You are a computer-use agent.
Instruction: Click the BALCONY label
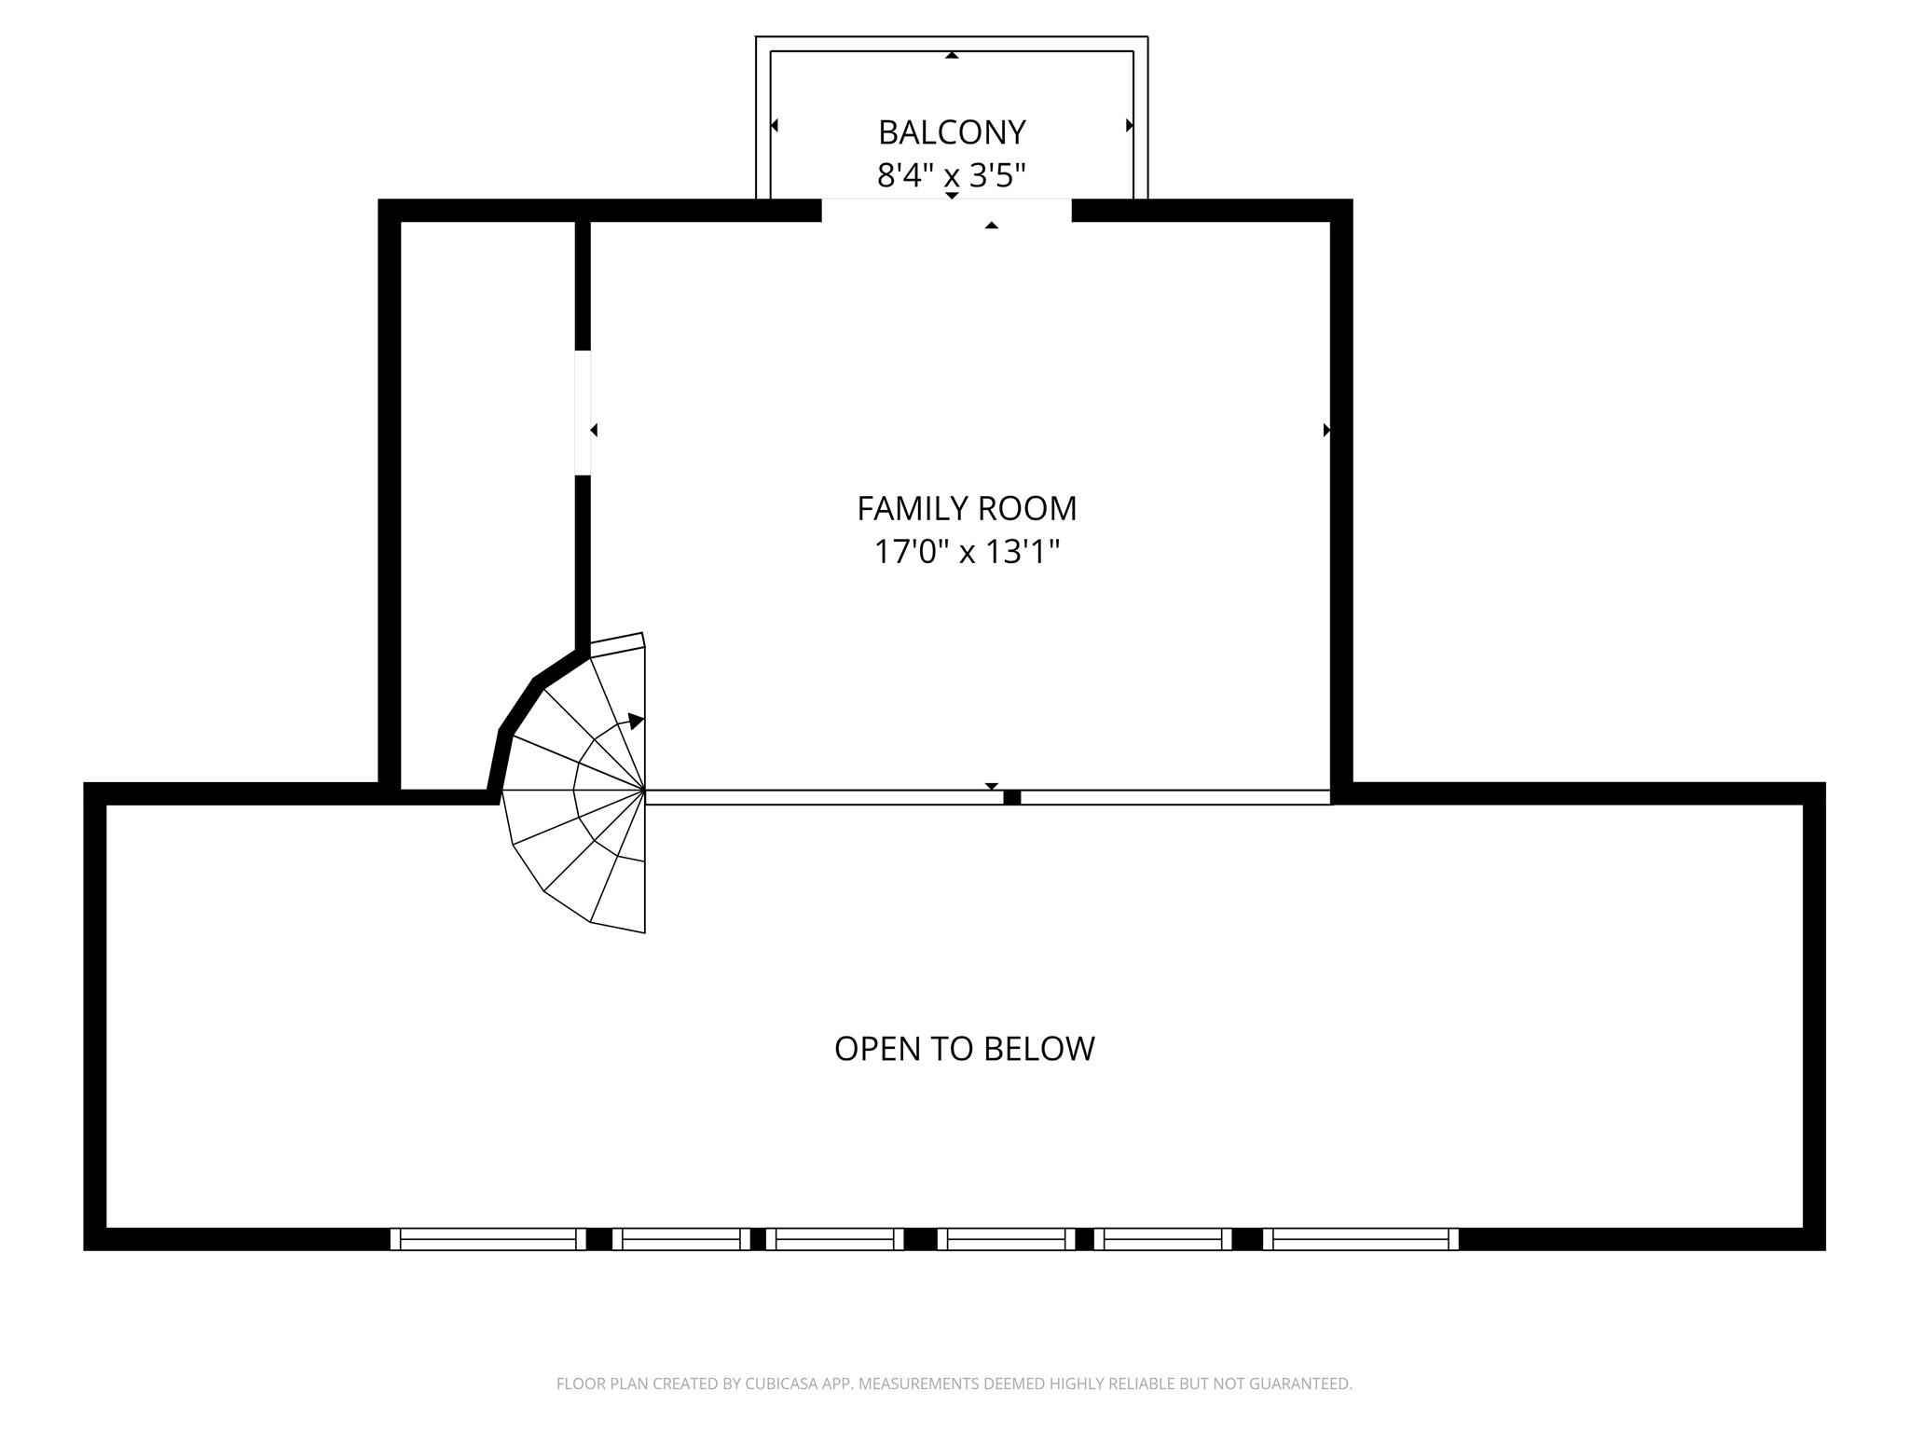point(952,132)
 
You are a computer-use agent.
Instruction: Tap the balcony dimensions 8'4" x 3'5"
point(952,175)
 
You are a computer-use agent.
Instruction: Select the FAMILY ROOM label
point(967,509)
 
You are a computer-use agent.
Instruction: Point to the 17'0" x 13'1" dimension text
point(967,552)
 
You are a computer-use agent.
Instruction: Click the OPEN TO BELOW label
point(964,1049)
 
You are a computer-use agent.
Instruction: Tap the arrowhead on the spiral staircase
point(636,721)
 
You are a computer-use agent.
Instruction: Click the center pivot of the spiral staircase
point(644,791)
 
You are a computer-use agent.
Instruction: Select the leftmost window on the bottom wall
point(488,1239)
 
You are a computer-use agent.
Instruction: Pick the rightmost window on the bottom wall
point(1360,1239)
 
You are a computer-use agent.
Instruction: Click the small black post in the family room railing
point(1011,797)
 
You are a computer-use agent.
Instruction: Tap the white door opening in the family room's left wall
point(583,412)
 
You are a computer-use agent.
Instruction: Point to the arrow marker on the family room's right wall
point(1326,431)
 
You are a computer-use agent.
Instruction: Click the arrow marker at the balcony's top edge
point(952,55)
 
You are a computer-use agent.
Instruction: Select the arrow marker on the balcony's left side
point(775,125)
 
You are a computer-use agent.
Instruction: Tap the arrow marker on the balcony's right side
point(1130,125)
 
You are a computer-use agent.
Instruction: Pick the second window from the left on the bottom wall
point(681,1239)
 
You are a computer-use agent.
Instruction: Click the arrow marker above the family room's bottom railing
point(992,786)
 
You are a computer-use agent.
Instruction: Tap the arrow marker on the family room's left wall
point(594,431)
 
